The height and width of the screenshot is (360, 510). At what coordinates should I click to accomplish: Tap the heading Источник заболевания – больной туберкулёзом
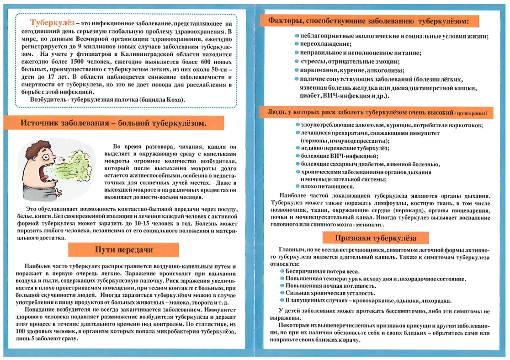(x=112, y=123)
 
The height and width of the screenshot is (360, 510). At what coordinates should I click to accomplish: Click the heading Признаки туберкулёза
(x=376, y=238)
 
